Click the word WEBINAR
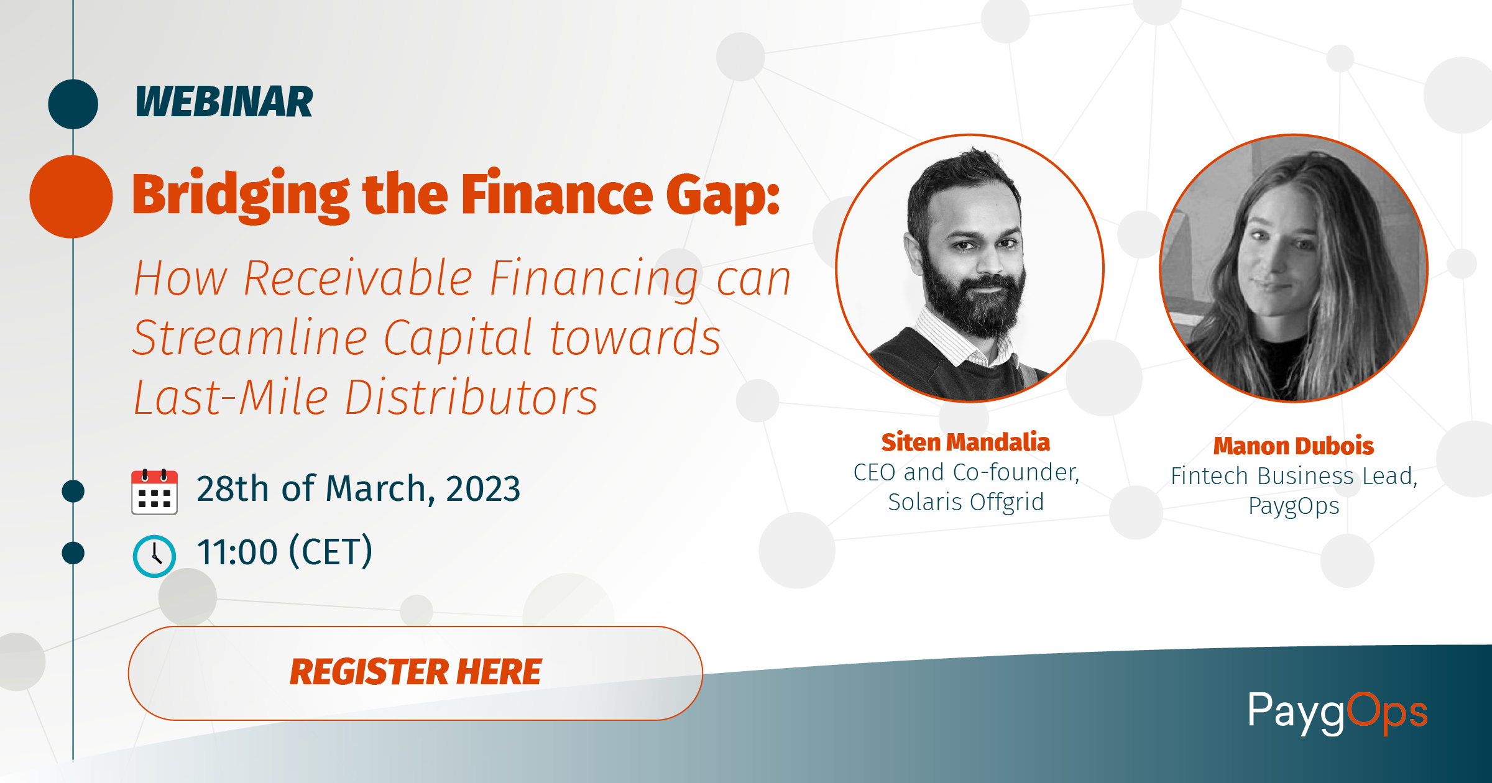pos(224,102)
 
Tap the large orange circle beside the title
pos(71,196)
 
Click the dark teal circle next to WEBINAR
pos(73,104)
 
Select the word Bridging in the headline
pos(241,195)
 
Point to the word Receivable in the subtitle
pos(358,279)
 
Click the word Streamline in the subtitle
pos(251,338)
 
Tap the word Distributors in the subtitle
pos(471,398)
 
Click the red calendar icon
pos(154,492)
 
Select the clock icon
pos(154,556)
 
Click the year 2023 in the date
pos(483,488)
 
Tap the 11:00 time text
pos(237,552)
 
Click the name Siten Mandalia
pos(965,442)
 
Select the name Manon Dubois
pos(1294,446)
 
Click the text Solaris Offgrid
pos(966,502)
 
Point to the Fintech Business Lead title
pos(1294,476)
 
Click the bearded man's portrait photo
pos(970,268)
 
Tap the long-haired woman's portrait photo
pos(1294,268)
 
